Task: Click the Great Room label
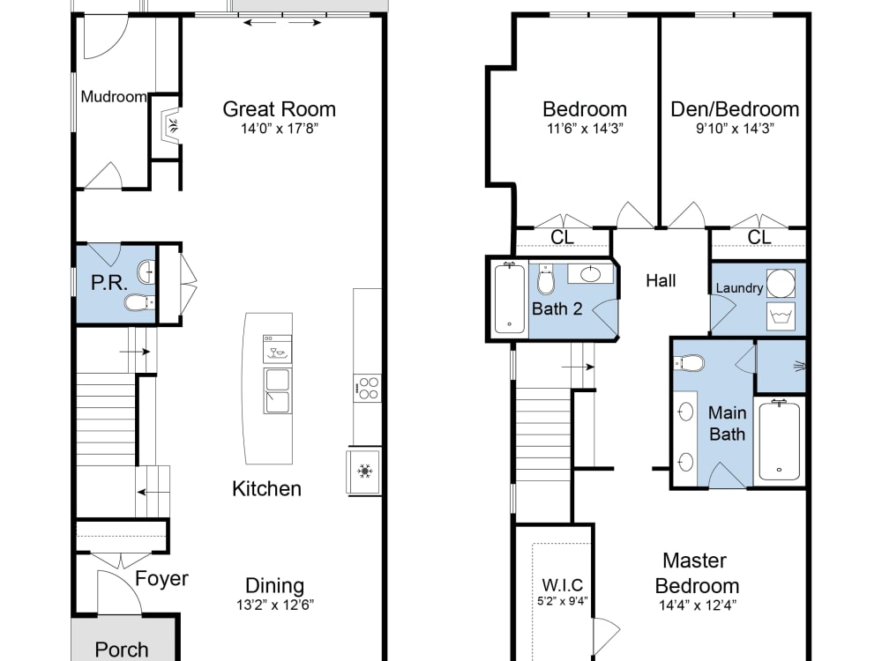coord(279,109)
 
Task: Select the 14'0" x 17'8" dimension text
coord(279,129)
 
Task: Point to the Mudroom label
coord(113,97)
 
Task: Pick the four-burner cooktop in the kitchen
coord(367,388)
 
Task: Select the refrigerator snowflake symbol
coord(363,472)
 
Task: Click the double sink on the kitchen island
coord(276,391)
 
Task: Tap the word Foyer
coord(161,578)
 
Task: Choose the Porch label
coord(122,650)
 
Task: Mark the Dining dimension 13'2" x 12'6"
coord(274,605)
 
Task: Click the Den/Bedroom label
coord(735,109)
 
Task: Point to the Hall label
coord(661,280)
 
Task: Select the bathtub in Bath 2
coord(508,297)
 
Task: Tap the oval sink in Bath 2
coord(589,274)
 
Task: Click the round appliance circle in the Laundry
coord(780,284)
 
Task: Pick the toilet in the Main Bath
coord(691,363)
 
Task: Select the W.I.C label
coord(561,585)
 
